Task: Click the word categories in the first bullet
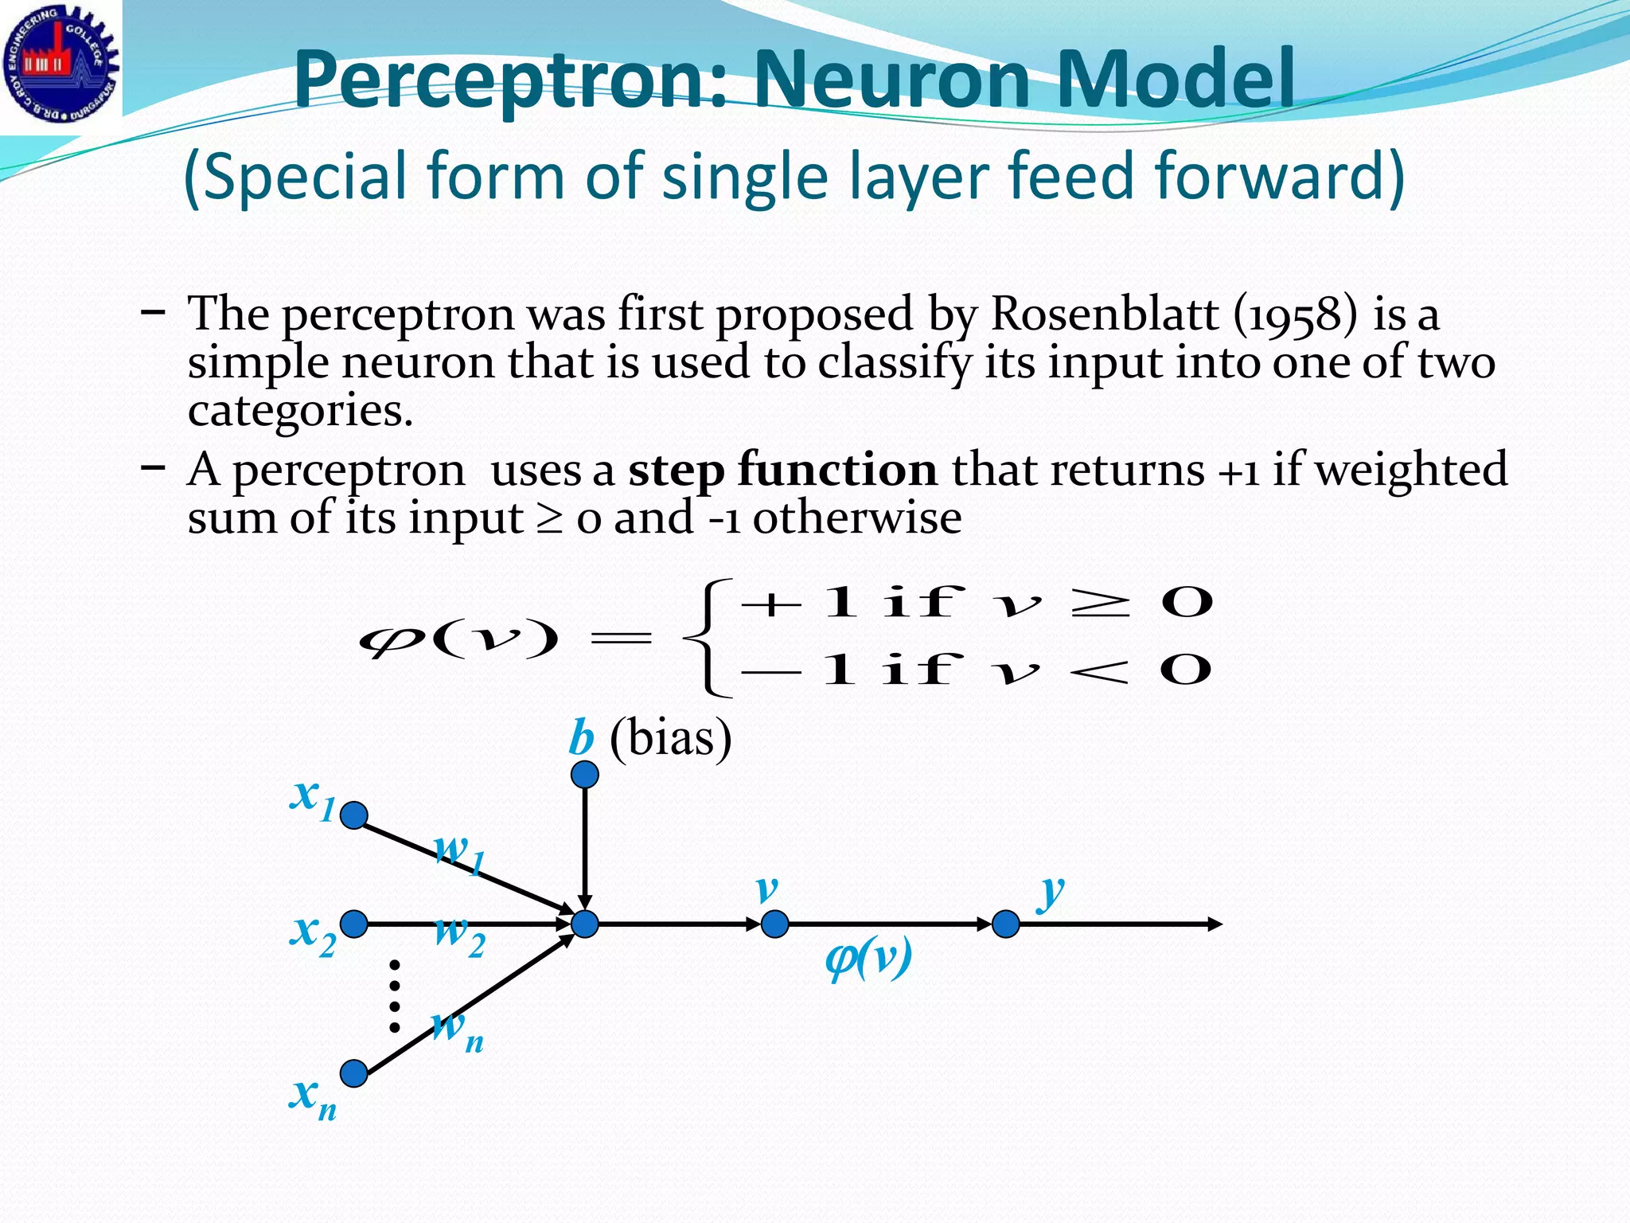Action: [x=300, y=411]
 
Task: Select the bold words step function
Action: [x=782, y=469]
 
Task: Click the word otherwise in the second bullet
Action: [x=857, y=518]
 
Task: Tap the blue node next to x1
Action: [x=354, y=815]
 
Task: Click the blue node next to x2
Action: [x=354, y=924]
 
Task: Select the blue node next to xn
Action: [x=354, y=1073]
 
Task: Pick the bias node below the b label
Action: [x=585, y=774]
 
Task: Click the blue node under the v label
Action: [x=774, y=924]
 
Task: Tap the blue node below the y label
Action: [x=1006, y=924]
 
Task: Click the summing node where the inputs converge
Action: [x=585, y=924]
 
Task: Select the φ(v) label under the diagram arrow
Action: [x=868, y=959]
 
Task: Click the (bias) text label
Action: [x=670, y=737]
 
